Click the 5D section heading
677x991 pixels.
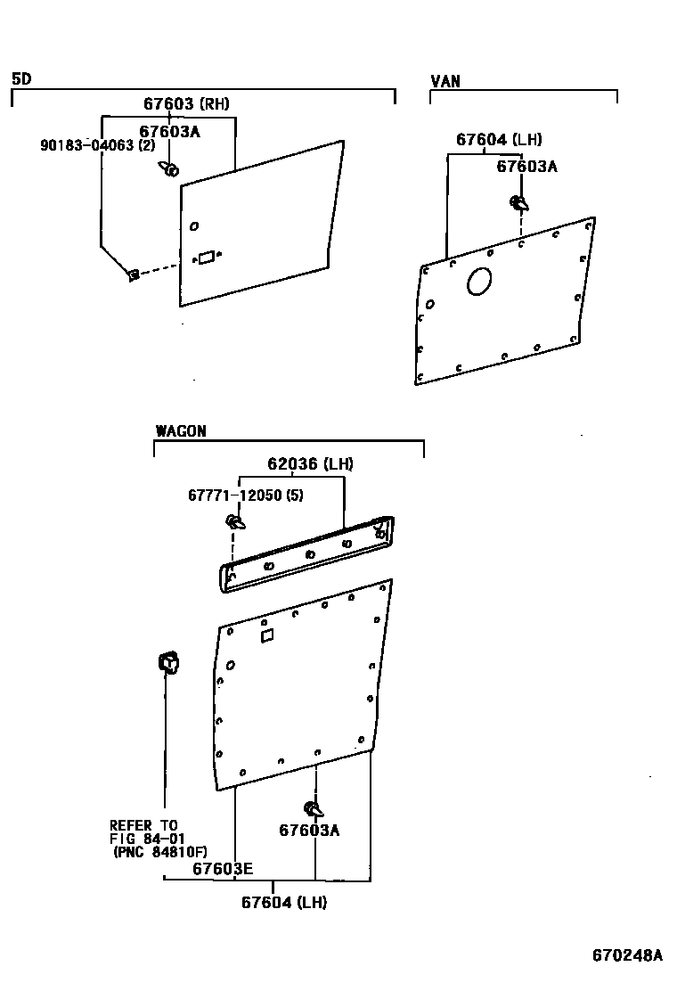click(x=21, y=79)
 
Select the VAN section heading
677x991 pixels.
click(x=445, y=81)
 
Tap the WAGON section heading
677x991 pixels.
click(x=181, y=431)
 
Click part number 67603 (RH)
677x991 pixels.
click(x=186, y=104)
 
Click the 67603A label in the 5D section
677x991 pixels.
click(x=169, y=131)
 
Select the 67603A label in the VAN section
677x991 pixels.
click(x=526, y=166)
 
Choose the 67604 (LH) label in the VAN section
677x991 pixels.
click(x=499, y=140)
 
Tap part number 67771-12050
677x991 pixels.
click(x=245, y=495)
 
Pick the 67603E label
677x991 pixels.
click(x=223, y=869)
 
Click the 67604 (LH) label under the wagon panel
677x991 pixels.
click(x=284, y=903)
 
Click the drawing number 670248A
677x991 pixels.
click(x=627, y=955)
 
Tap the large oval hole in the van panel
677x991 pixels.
click(x=478, y=281)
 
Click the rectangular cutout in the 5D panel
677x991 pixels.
click(x=206, y=258)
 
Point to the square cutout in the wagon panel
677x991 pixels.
click(x=265, y=635)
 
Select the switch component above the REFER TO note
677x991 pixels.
click(x=168, y=663)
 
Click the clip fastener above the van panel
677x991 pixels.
click(x=518, y=204)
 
